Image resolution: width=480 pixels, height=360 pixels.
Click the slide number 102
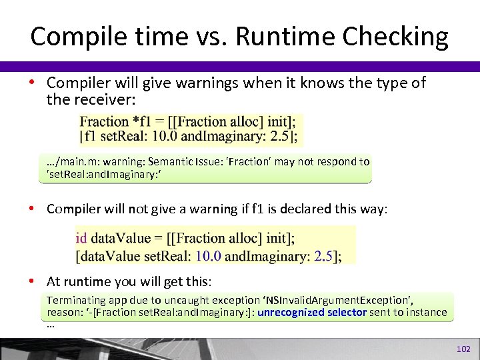click(x=463, y=349)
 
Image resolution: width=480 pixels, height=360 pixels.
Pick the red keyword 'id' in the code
click(x=81, y=238)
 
